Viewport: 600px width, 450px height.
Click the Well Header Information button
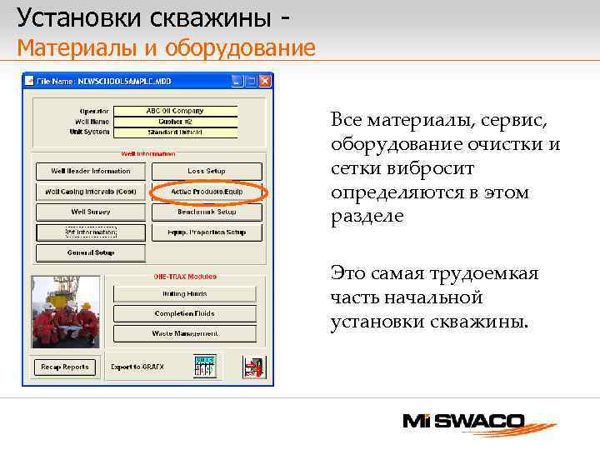point(91,171)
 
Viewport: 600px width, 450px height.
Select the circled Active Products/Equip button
point(207,192)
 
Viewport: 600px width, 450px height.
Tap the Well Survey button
point(91,212)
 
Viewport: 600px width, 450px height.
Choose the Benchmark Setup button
point(207,212)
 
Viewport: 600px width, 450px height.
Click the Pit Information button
point(91,232)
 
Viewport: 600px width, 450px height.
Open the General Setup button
point(91,252)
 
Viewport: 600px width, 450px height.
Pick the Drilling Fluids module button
point(184,293)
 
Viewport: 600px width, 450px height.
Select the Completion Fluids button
point(184,313)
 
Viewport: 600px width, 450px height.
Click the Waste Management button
point(184,333)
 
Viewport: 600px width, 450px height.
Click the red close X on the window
point(264,82)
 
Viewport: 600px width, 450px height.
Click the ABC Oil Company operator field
point(175,111)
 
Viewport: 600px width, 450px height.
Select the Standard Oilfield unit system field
point(175,132)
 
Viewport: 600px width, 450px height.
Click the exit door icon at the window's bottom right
point(252,367)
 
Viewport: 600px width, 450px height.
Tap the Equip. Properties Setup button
point(207,232)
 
